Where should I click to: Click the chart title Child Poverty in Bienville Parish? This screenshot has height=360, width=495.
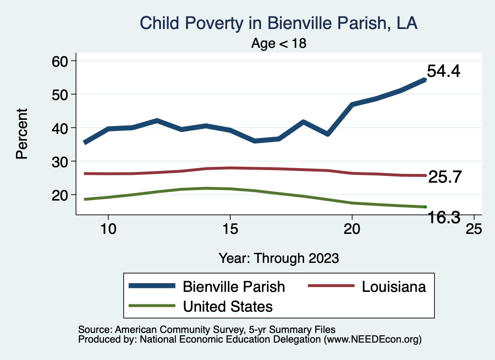[x=278, y=23]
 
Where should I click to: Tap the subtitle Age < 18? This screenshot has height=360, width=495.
[x=279, y=43]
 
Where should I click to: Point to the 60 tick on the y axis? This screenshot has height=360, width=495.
[x=61, y=61]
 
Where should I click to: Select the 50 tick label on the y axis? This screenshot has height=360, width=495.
[x=61, y=94]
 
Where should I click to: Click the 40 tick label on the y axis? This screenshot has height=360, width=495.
[x=61, y=128]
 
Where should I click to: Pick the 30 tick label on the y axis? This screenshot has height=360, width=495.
[x=61, y=161]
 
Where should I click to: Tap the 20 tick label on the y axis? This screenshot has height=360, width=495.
[x=61, y=195]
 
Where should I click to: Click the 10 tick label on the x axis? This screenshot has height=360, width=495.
[x=108, y=229]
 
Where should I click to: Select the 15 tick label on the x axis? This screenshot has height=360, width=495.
[x=230, y=229]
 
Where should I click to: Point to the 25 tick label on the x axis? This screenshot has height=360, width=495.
[x=473, y=229]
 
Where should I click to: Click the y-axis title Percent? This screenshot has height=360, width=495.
[x=21, y=133]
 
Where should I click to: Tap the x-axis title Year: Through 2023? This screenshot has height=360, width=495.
[x=278, y=258]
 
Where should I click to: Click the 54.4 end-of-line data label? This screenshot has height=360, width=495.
[x=443, y=72]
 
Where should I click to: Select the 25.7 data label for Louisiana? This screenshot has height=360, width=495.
[x=445, y=177]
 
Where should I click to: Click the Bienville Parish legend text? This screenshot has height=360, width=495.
[x=233, y=287]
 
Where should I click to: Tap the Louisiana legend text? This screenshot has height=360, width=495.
[x=394, y=287]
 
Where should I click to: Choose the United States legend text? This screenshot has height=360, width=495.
[x=228, y=306]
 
